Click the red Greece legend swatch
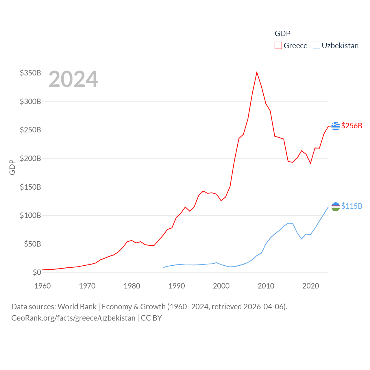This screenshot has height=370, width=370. tap(278, 45)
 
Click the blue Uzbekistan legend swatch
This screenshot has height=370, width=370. tap(317, 45)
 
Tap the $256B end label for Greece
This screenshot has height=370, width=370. tap(351, 126)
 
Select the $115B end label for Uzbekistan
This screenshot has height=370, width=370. tap(351, 206)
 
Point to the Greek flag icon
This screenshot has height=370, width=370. tap(335, 126)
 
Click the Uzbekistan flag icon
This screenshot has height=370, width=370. tap(335, 206)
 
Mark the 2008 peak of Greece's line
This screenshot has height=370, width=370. tap(257, 72)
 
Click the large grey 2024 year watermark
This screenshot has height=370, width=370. tap(73, 79)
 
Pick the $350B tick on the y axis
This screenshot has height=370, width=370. tap(30, 73)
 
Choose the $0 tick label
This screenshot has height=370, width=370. tap(37, 272)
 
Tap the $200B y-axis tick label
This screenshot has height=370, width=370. tap(30, 158)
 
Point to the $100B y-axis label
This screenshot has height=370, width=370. tap(30, 215)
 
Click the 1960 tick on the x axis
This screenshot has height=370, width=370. tap(42, 286)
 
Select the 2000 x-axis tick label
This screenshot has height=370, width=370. tap(221, 286)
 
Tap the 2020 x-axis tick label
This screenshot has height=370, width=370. tap(310, 286)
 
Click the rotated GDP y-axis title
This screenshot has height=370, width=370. tap(12, 167)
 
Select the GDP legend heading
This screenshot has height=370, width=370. tap(282, 34)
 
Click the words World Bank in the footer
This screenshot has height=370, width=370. tap(77, 306)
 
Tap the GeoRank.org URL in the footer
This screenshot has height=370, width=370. tap(73, 318)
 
